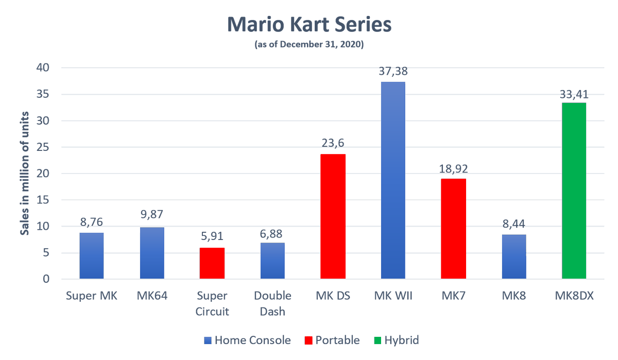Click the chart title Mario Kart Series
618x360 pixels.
(x=309, y=25)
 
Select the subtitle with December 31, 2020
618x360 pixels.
(x=309, y=45)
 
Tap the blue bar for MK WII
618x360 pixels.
(x=393, y=180)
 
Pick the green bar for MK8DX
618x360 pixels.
(x=574, y=191)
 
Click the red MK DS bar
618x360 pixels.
(x=333, y=216)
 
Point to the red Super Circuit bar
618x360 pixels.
(x=212, y=263)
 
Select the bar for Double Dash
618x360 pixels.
(x=272, y=261)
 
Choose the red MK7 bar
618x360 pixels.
(x=453, y=229)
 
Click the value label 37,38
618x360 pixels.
(x=393, y=72)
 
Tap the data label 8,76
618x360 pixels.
(x=92, y=222)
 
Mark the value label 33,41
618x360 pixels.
(x=574, y=94)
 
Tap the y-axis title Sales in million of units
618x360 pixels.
(x=25, y=174)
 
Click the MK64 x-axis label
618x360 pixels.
(x=152, y=296)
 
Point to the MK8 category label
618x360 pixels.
(x=513, y=296)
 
